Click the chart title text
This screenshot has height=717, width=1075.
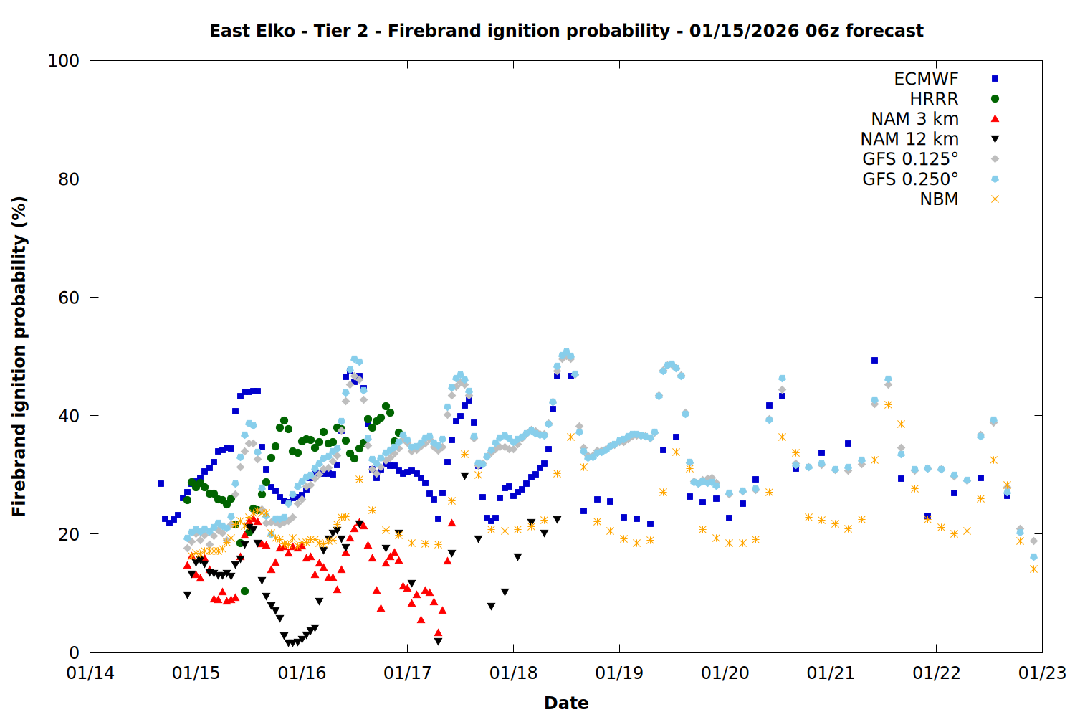(x=566, y=31)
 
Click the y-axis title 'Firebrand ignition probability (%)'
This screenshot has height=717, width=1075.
(x=19, y=356)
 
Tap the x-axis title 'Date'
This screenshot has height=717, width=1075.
(x=566, y=703)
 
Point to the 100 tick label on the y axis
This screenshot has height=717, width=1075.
(x=63, y=61)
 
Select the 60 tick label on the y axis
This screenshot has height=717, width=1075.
(x=68, y=298)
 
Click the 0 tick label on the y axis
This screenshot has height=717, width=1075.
(x=74, y=652)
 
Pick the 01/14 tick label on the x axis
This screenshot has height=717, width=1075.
(x=90, y=673)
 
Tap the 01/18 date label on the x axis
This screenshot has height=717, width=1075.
(x=513, y=673)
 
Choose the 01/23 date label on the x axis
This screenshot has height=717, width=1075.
(x=1042, y=673)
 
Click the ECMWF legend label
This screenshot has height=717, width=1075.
(x=926, y=79)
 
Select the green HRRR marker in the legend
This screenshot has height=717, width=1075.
(x=995, y=99)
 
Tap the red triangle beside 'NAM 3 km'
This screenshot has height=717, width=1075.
(x=995, y=119)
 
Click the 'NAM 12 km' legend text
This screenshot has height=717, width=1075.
(x=909, y=139)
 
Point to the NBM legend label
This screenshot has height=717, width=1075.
(x=939, y=199)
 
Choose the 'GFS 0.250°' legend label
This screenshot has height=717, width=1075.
(x=910, y=179)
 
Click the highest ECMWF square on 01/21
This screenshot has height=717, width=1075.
(x=874, y=360)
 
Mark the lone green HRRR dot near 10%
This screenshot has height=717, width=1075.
(x=244, y=591)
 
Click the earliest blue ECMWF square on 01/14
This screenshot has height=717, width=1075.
(x=161, y=483)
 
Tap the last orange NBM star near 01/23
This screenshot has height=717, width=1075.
(x=1033, y=569)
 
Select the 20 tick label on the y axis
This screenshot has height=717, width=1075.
(x=68, y=534)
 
